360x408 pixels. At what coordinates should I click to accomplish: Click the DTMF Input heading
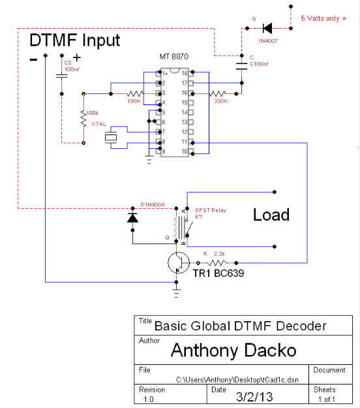tap(75, 40)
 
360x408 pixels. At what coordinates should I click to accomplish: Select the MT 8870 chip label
tap(177, 57)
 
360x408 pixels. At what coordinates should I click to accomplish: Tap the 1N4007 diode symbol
tap(267, 28)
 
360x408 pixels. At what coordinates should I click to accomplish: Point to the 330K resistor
tap(220, 93)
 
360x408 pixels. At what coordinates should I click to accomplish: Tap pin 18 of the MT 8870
tap(185, 73)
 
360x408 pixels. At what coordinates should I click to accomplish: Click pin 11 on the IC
tap(185, 142)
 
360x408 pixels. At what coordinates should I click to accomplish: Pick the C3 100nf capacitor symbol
tap(62, 76)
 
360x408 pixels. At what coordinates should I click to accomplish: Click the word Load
tap(271, 215)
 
